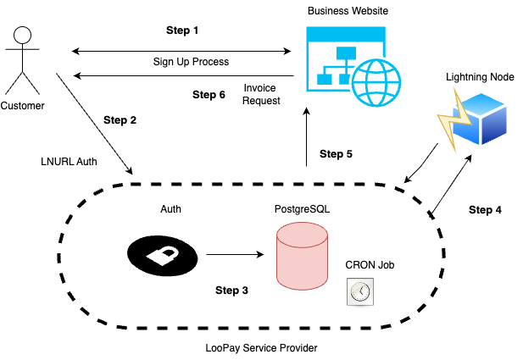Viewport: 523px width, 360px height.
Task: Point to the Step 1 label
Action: (182, 30)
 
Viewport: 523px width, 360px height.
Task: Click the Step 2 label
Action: (120, 119)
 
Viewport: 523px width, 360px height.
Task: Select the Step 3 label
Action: (231, 291)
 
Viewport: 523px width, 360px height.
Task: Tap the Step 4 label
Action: (486, 209)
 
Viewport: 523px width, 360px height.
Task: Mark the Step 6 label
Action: (209, 94)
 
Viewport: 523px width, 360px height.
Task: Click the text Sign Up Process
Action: (191, 62)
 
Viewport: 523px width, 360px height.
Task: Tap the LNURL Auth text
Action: (65, 160)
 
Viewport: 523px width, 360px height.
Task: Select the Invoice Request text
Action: (259, 94)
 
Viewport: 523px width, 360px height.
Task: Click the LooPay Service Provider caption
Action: (254, 347)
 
